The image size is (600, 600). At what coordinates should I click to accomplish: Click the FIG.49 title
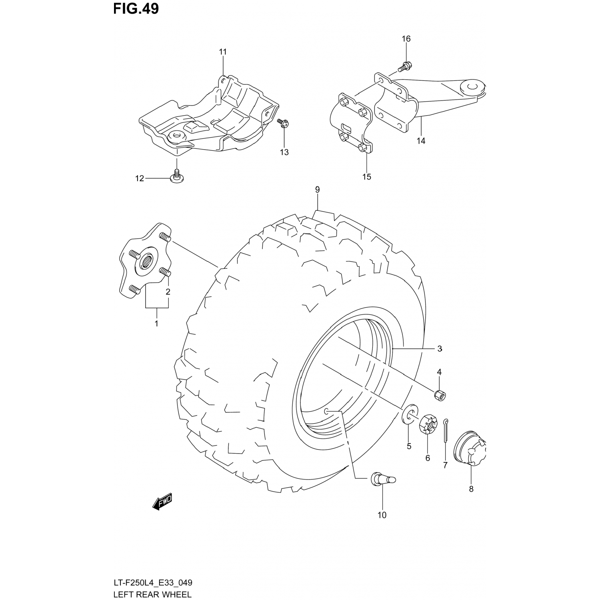(x=136, y=9)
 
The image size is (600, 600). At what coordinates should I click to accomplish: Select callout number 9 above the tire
(x=317, y=190)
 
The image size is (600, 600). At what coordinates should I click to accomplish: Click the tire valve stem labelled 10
(x=383, y=479)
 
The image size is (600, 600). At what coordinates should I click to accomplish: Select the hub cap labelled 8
(x=470, y=453)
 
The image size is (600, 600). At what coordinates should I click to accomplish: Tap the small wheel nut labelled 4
(x=440, y=394)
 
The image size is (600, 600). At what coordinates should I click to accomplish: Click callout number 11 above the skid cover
(x=223, y=52)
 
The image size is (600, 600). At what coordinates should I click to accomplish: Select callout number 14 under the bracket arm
(x=421, y=141)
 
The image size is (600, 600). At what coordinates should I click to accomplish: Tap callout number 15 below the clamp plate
(x=367, y=176)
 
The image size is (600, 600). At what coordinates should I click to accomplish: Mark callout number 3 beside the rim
(x=440, y=349)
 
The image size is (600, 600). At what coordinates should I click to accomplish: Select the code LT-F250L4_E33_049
(x=156, y=583)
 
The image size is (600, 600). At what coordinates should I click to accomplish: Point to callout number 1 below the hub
(x=156, y=323)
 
